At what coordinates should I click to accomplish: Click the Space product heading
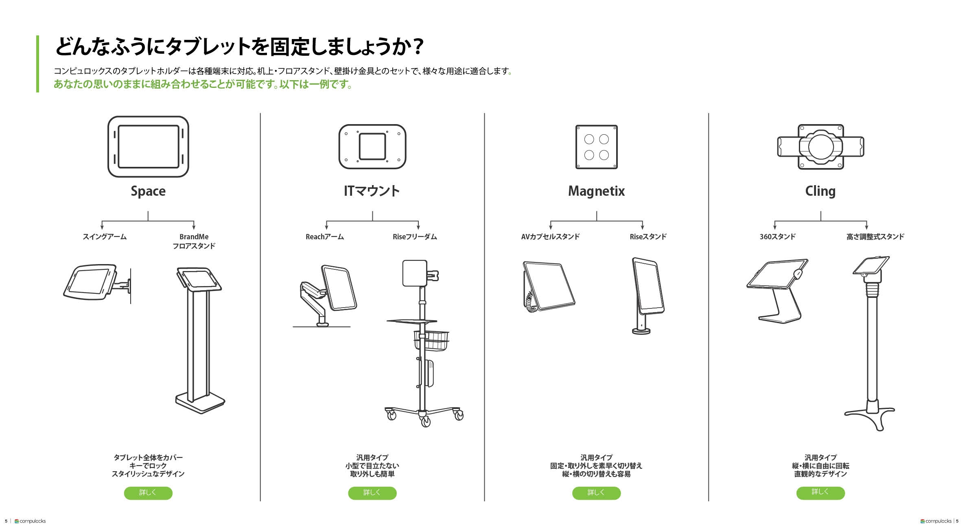[x=148, y=191]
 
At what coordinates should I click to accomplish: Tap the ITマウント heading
[x=372, y=191]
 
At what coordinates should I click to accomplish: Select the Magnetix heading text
[x=596, y=191]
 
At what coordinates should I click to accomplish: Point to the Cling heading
[x=820, y=191]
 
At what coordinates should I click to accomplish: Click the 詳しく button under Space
[x=148, y=493]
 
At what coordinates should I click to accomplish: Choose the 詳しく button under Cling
[x=820, y=493]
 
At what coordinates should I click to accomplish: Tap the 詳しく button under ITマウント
[x=372, y=493]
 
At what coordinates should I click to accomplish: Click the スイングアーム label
[x=105, y=237]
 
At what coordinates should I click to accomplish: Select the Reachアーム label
[x=325, y=237]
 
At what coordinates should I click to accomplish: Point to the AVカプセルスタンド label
[x=550, y=237]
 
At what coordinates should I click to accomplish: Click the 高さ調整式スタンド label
[x=875, y=237]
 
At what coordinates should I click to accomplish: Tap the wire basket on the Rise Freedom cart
[x=431, y=341]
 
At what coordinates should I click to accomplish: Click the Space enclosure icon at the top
[x=148, y=146]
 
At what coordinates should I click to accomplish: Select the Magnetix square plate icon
[x=596, y=147]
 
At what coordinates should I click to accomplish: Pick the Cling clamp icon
[x=820, y=147]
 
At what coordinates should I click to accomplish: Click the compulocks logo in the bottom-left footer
[x=30, y=521]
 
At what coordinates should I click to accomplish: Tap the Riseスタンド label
[x=648, y=237]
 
